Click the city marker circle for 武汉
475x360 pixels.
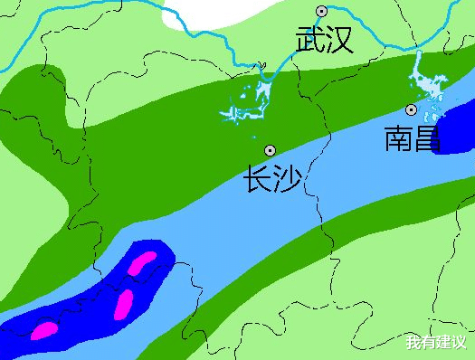coord(320,11)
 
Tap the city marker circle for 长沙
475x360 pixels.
coord(269,149)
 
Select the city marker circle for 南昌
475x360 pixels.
coord(411,109)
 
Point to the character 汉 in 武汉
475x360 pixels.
coord(338,40)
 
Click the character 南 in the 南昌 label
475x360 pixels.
coord(399,138)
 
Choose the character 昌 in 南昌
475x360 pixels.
coord(428,138)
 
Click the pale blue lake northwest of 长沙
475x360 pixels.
coord(250,100)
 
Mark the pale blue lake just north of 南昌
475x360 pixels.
coord(425,90)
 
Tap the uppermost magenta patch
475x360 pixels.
coord(142,263)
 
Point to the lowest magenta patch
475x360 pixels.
coord(43,331)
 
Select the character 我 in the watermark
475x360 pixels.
coord(413,343)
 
